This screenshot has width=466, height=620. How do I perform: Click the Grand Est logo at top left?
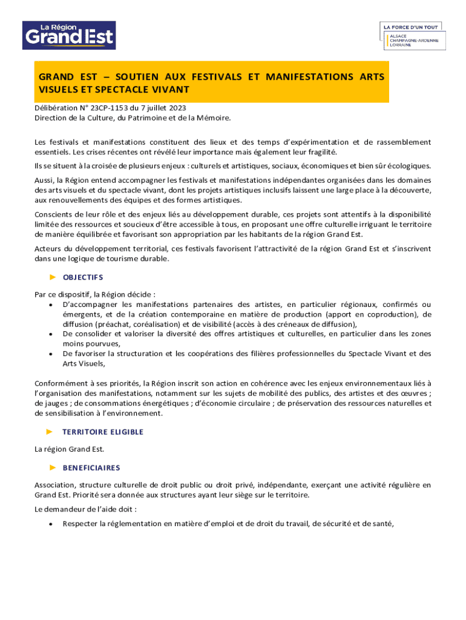click(69, 35)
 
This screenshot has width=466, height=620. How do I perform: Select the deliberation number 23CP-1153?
click(100, 108)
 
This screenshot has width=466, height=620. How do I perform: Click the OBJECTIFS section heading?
click(83, 277)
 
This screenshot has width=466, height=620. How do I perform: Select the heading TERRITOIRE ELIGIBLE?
click(103, 432)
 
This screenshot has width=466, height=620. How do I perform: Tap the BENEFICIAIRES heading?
click(91, 467)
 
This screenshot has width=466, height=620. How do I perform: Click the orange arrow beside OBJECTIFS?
click(52, 277)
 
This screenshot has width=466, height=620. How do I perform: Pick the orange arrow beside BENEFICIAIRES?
click(52, 467)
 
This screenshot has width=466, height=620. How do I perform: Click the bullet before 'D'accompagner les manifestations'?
click(50, 305)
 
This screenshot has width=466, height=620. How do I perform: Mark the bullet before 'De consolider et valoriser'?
click(50, 334)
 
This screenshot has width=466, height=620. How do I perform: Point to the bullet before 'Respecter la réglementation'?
click(50, 524)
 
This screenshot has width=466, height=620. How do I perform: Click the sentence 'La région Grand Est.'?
click(70, 449)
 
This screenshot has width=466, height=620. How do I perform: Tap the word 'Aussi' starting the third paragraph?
click(44, 180)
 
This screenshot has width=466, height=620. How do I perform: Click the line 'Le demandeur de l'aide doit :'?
click(85, 509)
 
